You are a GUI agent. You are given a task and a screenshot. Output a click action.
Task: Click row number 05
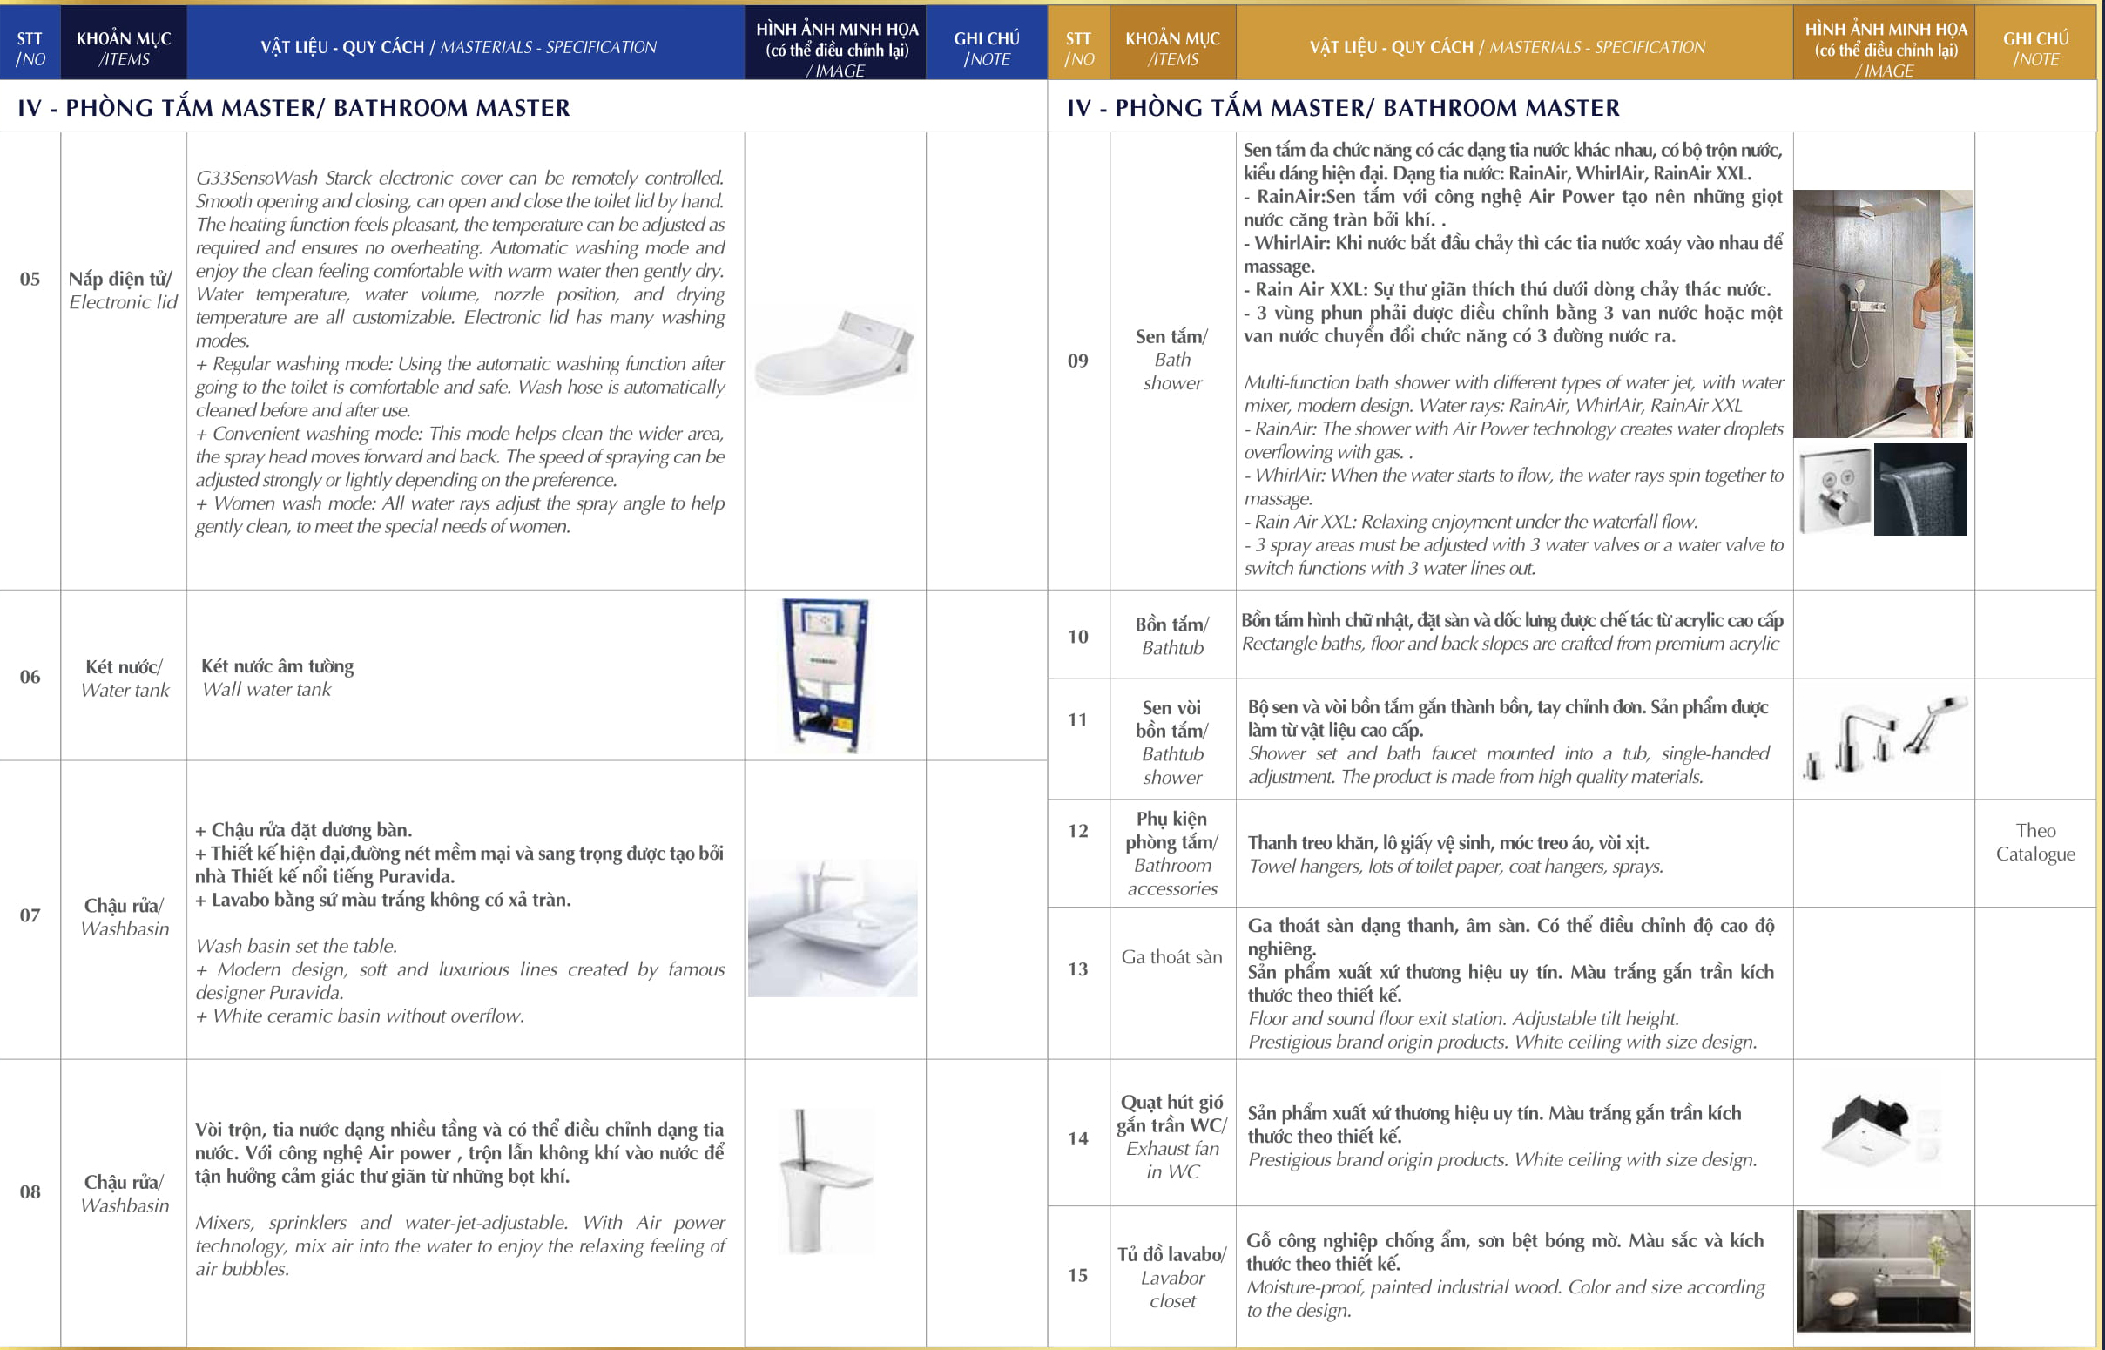click(30, 279)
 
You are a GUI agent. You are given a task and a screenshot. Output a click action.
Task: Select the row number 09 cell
click(1078, 361)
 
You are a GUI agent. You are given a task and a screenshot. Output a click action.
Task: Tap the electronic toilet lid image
click(833, 354)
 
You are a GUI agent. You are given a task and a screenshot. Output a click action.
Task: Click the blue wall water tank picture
click(825, 674)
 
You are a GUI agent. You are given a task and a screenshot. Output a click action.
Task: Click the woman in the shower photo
click(1883, 313)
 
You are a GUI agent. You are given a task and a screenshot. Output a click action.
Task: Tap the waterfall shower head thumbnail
click(1920, 489)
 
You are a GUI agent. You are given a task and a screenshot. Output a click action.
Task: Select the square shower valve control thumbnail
click(1835, 489)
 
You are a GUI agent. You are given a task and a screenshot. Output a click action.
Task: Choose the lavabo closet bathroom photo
click(1883, 1271)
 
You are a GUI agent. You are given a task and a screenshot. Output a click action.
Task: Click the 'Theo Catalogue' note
click(2035, 841)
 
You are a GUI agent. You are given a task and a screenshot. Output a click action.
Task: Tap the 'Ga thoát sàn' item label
click(1171, 956)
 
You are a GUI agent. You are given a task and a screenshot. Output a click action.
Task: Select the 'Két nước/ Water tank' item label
click(124, 678)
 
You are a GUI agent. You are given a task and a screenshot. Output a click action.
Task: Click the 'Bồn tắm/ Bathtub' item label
click(1171, 636)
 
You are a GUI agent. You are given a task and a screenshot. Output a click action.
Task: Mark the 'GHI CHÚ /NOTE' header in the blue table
click(987, 48)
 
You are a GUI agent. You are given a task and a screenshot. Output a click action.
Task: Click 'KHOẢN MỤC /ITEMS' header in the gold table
click(1172, 48)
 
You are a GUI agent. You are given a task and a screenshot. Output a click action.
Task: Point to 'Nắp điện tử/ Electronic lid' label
click(123, 290)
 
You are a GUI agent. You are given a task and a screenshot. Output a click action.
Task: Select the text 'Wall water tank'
click(266, 689)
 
